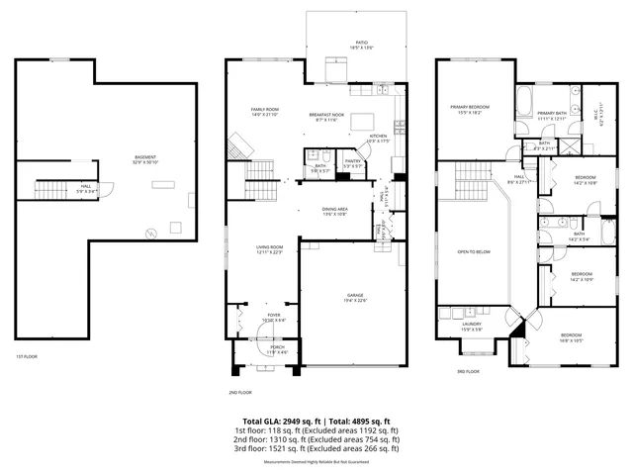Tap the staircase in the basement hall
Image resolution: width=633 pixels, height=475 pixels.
pos(49,189)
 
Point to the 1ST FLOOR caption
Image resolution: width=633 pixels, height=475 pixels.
pos(26,356)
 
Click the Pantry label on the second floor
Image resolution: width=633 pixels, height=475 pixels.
pos(353,162)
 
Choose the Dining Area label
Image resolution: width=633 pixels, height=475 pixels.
pos(334,210)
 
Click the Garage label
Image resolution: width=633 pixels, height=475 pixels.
pos(355,297)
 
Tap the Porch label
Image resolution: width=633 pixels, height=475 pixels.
pos(277,348)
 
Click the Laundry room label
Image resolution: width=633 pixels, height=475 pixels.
pos(471,325)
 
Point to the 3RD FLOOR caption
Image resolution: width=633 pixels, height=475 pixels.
pos(468,371)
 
